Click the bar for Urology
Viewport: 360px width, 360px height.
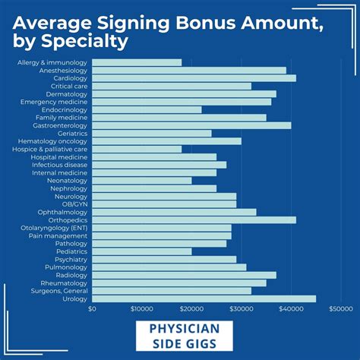pos(204,298)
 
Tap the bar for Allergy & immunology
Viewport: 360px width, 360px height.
pos(137,62)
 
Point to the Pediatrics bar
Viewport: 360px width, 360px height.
pos(141,251)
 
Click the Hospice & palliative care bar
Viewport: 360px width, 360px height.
pos(137,149)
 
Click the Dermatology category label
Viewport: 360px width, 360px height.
pos(66,94)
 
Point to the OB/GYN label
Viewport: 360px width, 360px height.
pos(74,204)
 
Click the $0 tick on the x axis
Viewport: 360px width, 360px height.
pos(92,309)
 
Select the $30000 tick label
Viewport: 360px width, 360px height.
pos(241,309)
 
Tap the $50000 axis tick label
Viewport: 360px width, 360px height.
pos(340,309)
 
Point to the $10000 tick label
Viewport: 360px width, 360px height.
pos(141,309)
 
